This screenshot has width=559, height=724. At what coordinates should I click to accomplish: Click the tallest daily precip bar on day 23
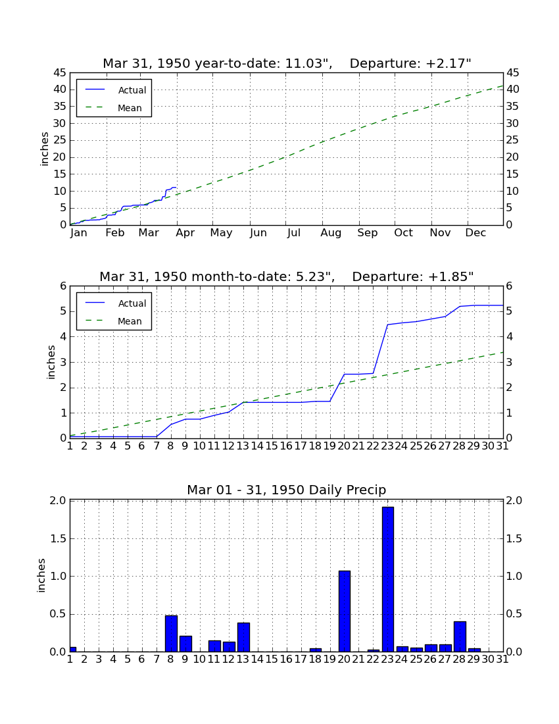[x=388, y=579]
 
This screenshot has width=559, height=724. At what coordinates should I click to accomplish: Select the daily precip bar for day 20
[x=345, y=611]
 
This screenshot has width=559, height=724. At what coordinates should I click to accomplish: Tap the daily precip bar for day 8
[x=171, y=633]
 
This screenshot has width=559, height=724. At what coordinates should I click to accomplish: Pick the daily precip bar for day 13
[x=243, y=637]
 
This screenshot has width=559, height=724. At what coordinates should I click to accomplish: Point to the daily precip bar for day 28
[x=460, y=636]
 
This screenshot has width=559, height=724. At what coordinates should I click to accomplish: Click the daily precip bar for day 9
[x=185, y=644]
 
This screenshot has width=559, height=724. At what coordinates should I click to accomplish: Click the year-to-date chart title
[x=287, y=63]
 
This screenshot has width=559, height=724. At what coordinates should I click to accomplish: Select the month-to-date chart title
[x=287, y=276]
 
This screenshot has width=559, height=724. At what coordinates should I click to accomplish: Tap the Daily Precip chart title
[x=287, y=490]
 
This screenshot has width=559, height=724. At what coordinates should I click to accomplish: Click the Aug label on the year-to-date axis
[x=331, y=233]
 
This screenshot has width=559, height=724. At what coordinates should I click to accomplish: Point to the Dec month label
[x=475, y=233]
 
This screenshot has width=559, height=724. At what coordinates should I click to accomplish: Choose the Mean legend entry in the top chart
[x=114, y=108]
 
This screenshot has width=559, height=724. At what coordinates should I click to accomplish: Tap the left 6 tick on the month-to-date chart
[x=63, y=286]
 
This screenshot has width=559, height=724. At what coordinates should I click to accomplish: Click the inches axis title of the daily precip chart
[x=41, y=575]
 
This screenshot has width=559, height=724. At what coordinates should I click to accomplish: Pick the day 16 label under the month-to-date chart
[x=287, y=446]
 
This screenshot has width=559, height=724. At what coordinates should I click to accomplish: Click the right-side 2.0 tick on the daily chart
[x=514, y=500]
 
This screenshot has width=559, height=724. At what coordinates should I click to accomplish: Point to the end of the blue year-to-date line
[x=176, y=188]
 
